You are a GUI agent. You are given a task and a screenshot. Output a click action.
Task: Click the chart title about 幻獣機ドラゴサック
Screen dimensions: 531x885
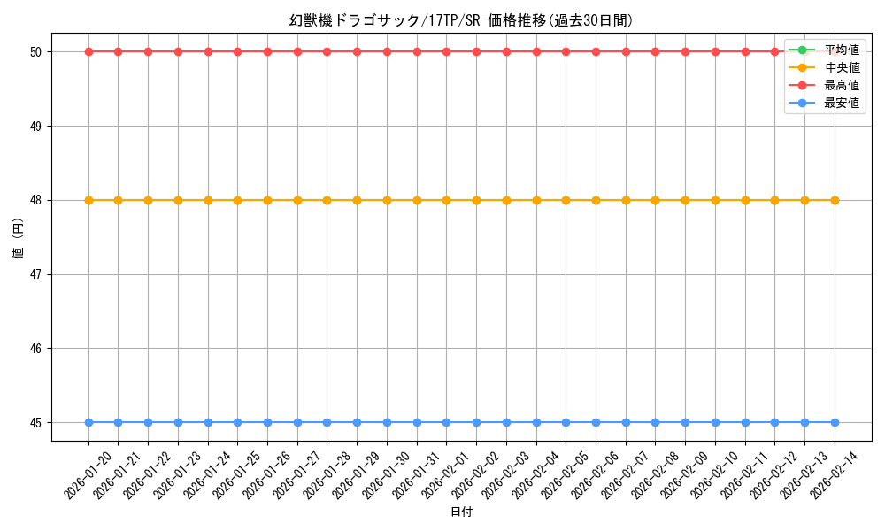460,20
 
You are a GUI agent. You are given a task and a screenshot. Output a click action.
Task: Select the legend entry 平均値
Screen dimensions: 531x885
841,50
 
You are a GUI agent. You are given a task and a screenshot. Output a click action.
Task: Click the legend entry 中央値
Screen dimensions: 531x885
841,67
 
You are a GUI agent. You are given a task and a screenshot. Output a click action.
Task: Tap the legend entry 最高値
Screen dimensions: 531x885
841,85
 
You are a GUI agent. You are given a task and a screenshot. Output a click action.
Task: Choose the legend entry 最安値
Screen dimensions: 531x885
841,103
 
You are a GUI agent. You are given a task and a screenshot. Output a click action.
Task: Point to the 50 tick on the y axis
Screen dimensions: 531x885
37,52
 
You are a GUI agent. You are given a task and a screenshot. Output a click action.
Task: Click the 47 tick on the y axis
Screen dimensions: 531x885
37,274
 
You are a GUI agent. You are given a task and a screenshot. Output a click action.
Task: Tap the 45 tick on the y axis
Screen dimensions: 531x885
37,423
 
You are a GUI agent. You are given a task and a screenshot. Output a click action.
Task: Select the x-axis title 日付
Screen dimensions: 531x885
461,512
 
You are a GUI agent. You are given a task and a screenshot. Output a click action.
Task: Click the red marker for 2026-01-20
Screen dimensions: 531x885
88,51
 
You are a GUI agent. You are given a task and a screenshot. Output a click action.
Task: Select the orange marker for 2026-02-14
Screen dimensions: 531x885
835,200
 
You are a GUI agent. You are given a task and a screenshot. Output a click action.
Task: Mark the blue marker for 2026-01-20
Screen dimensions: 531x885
88,422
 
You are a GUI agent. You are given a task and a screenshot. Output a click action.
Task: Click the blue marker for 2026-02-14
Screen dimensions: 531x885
835,422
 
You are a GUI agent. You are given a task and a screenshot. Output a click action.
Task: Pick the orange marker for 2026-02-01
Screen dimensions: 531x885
446,200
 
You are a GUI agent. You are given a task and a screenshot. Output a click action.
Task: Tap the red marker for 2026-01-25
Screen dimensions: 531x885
237,51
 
